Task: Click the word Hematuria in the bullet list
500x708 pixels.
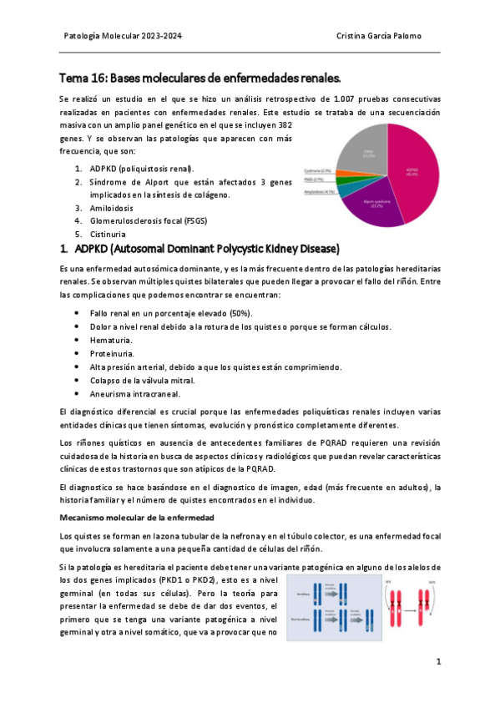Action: pos(110,341)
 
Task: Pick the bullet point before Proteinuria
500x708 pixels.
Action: pos(77,354)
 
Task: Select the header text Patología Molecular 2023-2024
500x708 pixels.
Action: pos(123,37)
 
